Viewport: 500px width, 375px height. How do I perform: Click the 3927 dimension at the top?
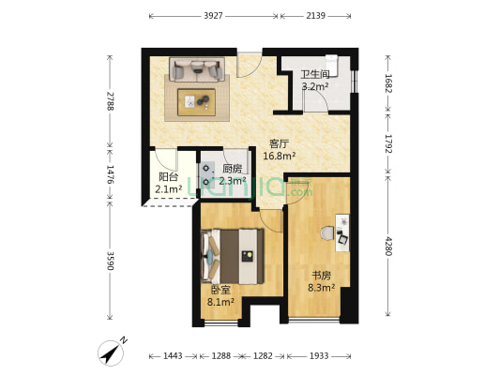point(213,16)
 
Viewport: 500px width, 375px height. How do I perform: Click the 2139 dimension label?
point(316,16)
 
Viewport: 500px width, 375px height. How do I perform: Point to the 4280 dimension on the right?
point(388,246)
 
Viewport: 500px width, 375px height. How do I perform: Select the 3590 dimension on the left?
point(110,261)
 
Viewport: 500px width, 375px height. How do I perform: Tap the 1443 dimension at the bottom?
point(173,356)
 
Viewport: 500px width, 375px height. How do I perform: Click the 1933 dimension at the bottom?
point(319,356)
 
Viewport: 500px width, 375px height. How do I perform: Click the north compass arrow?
point(111,353)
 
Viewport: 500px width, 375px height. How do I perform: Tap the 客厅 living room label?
point(279,144)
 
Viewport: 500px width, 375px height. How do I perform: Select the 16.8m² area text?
point(280,156)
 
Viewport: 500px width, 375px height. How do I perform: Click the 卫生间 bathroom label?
point(315,75)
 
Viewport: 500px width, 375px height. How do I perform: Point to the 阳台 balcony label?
point(168,177)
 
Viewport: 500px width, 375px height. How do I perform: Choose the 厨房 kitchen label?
point(232,169)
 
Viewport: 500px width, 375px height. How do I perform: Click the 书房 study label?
point(321,276)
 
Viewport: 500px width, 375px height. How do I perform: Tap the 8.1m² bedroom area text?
point(221,301)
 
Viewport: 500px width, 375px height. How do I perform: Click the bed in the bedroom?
point(233,257)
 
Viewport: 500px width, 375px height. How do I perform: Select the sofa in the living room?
point(197,69)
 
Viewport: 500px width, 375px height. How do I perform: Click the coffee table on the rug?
point(196,102)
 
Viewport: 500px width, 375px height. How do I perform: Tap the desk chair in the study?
point(326,233)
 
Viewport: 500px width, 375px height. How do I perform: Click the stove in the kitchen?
point(207,174)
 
